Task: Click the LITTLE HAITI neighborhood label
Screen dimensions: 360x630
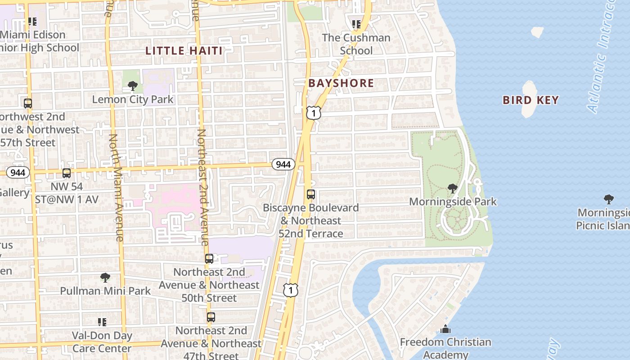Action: click(184, 51)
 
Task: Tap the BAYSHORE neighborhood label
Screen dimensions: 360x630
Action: click(341, 83)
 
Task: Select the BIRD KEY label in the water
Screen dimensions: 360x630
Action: click(531, 100)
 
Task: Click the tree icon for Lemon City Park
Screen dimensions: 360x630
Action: click(132, 85)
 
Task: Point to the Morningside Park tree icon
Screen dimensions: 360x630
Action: click(453, 188)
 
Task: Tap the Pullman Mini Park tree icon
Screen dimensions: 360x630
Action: click(105, 277)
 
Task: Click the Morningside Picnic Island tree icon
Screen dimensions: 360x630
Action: click(608, 199)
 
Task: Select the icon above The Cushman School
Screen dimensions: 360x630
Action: click(356, 24)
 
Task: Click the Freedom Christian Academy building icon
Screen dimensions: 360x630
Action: click(445, 329)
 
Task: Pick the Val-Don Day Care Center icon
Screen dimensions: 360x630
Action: click(102, 322)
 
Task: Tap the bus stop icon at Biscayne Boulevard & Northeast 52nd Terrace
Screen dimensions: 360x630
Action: click(311, 194)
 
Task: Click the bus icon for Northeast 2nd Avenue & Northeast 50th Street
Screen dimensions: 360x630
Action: click(209, 259)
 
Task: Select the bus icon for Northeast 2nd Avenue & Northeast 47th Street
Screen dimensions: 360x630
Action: click(211, 317)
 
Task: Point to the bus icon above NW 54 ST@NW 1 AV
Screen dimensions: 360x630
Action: click(67, 173)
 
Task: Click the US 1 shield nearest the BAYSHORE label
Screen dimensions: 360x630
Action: click(314, 112)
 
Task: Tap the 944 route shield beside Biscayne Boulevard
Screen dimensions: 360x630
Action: click(283, 164)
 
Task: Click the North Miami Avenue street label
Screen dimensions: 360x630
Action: click(117, 187)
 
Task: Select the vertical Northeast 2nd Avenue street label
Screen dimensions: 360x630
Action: click(203, 187)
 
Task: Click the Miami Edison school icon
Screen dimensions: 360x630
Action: click(32, 21)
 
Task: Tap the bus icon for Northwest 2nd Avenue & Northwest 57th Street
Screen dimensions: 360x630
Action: click(28, 103)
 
